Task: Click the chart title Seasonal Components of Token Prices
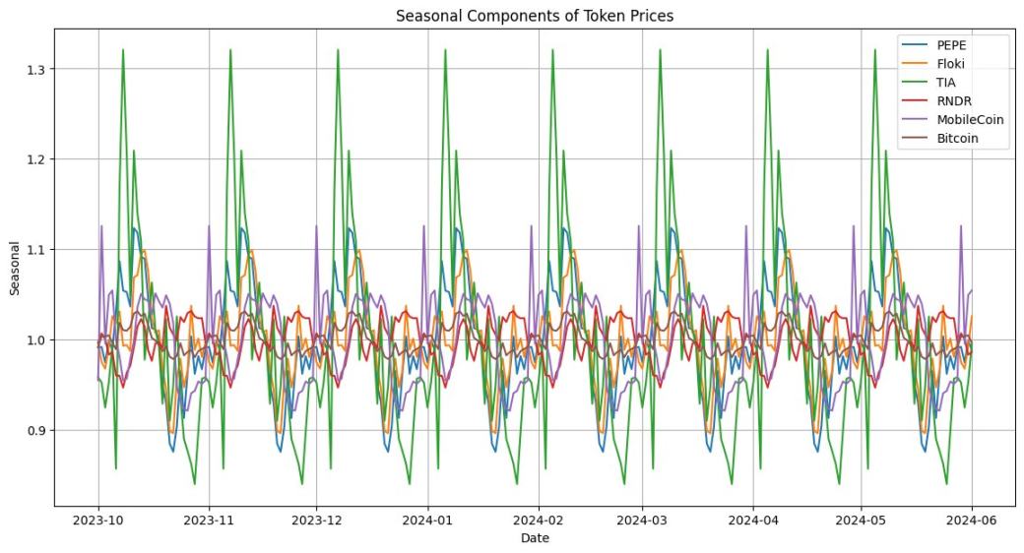point(534,16)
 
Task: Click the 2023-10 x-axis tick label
point(98,520)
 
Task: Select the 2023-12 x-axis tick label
point(317,520)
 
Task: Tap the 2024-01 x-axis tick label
point(426,520)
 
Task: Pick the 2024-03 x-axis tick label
point(643,520)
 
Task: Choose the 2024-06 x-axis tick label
point(973,520)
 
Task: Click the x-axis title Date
point(535,538)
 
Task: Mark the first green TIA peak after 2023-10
point(123,49)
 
